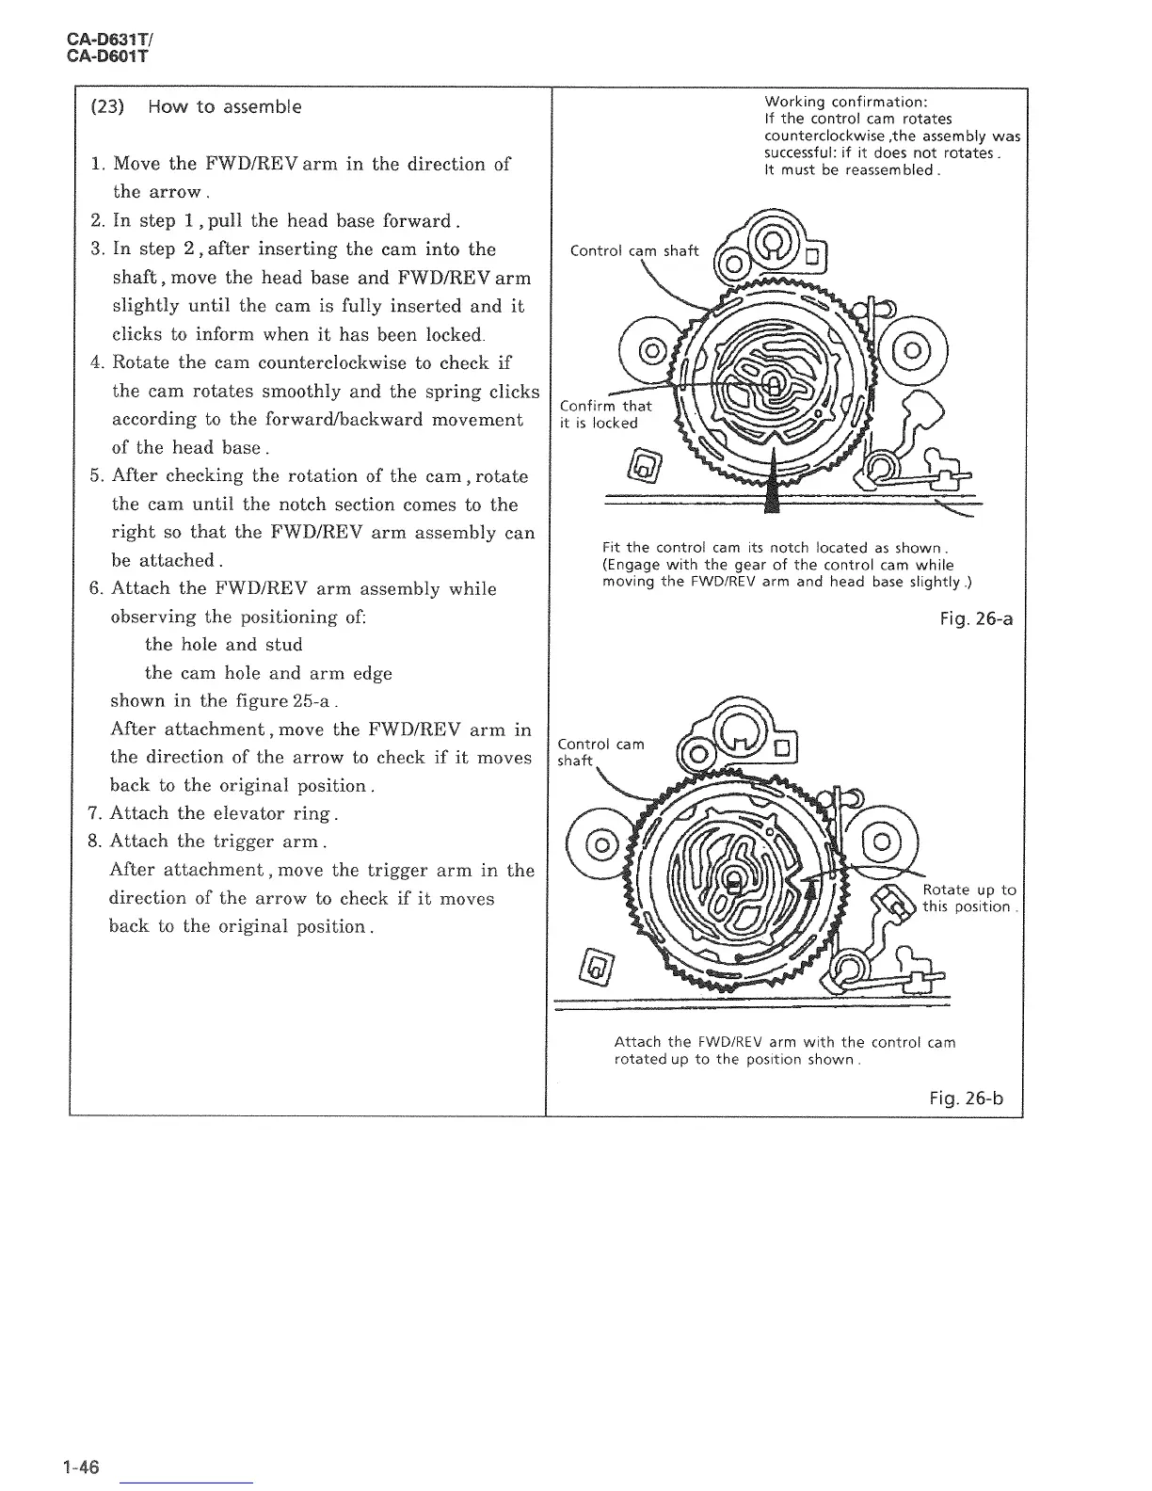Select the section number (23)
point(108,106)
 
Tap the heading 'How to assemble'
point(225,106)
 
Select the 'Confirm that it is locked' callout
point(604,414)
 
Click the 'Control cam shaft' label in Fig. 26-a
point(634,250)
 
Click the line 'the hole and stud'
point(223,645)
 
